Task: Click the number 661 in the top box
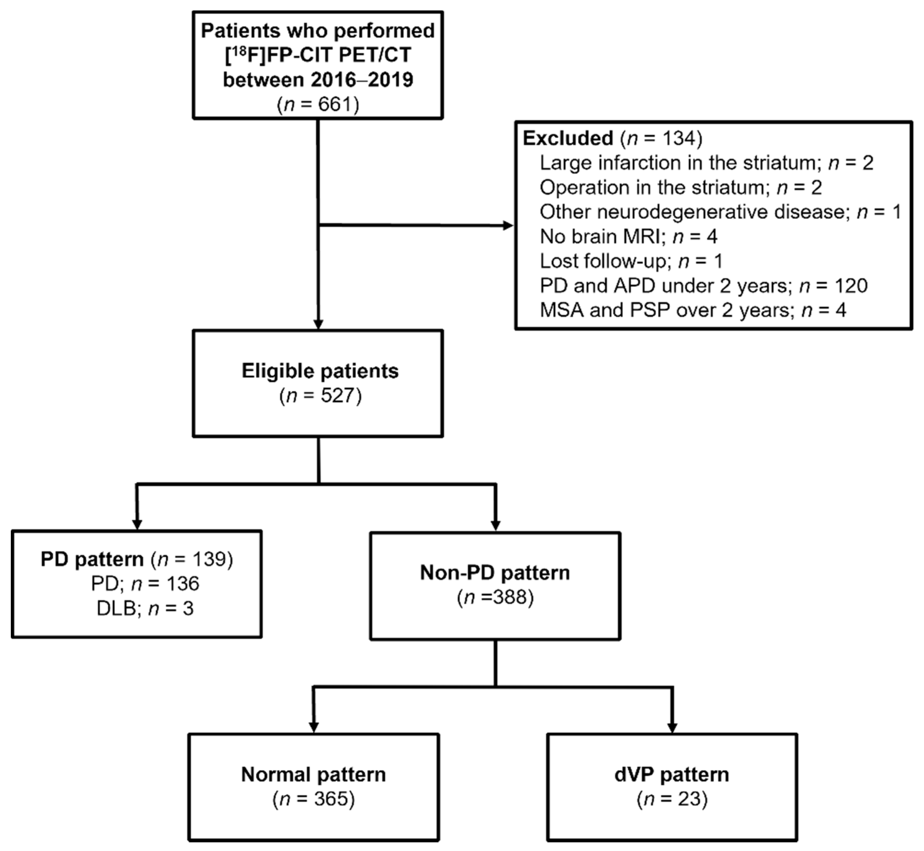[334, 105]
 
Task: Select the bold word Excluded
[568, 138]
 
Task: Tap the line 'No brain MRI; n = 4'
[628, 237]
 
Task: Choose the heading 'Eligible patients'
[320, 371]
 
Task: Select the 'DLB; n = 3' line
[145, 609]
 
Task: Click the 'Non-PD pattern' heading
[495, 573]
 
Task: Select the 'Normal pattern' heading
[313, 774]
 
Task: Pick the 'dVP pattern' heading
[672, 774]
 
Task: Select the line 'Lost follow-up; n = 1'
[631, 261]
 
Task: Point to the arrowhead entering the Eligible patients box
[318, 324]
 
